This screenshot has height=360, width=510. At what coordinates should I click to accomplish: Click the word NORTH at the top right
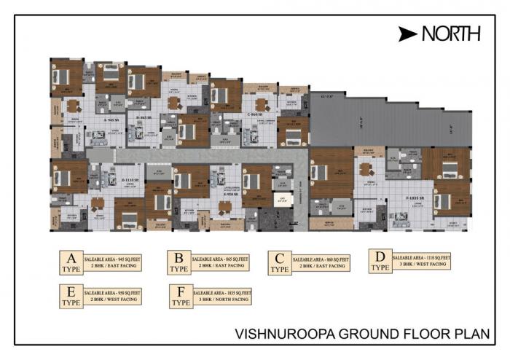point(451,33)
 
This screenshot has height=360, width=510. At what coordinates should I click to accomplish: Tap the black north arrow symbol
point(408,34)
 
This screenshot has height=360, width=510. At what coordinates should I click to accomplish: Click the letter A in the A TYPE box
point(71,259)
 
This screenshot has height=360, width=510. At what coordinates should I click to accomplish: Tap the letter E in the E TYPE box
point(71,294)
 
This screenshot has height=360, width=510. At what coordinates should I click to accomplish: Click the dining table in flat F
point(365,169)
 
